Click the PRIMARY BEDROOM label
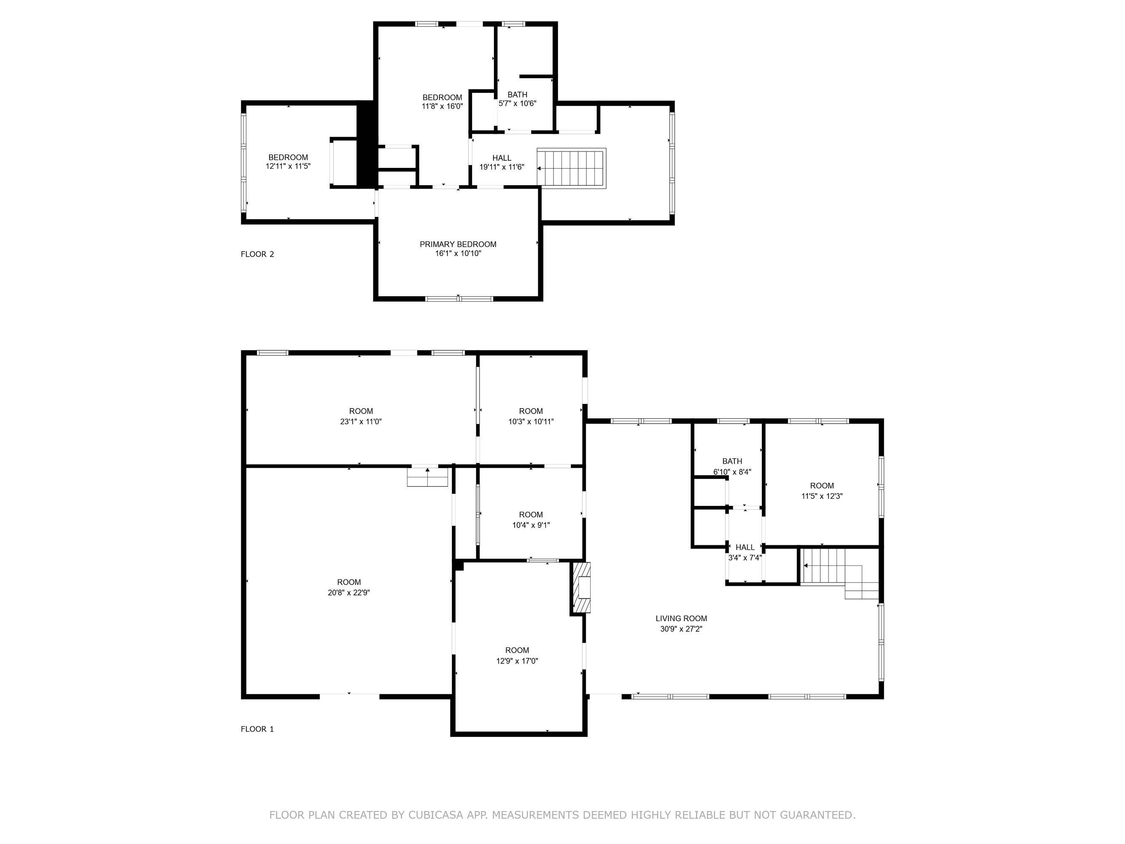[458, 244]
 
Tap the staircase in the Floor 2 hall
[572, 168]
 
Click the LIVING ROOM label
[681, 619]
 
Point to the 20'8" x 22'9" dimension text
[349, 592]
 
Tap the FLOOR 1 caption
[257, 729]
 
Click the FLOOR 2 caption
[257, 254]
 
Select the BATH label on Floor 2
[517, 95]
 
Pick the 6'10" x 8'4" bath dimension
[732, 472]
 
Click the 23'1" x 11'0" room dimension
[361, 422]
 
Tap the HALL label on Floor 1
[745, 547]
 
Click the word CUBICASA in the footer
[436, 815]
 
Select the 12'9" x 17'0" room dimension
[517, 661]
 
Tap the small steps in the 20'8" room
[427, 477]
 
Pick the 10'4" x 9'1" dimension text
[531, 525]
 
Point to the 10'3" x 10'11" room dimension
[531, 422]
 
